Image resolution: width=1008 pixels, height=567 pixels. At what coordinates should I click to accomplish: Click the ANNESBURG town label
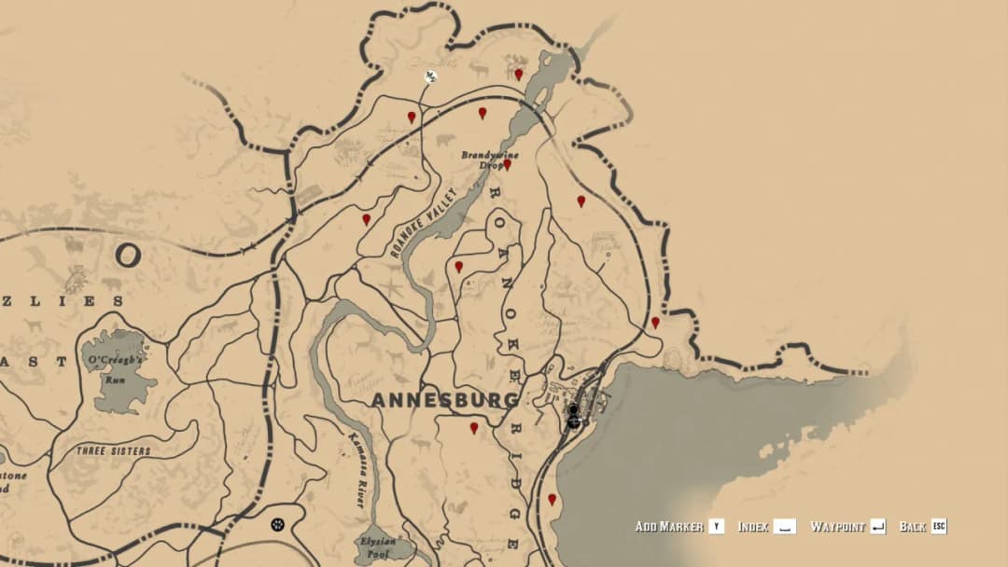444,400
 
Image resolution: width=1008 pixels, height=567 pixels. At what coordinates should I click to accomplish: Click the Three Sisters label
113,451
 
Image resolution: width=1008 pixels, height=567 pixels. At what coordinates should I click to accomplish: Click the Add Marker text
669,527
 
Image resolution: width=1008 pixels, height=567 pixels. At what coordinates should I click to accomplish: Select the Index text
753,527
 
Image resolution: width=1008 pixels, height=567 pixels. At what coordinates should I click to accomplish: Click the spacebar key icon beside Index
784,527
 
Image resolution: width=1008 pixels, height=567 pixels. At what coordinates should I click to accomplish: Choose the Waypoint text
836,527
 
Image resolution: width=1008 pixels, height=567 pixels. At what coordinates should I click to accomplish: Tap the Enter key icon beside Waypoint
877,527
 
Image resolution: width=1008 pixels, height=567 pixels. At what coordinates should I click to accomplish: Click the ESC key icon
939,527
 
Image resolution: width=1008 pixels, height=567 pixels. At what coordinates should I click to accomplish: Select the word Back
912,527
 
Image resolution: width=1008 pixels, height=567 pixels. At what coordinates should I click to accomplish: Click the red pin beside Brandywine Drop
507,164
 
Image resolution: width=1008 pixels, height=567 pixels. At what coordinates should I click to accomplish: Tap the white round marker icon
430,76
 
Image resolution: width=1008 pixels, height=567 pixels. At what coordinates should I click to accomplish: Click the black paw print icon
277,525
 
